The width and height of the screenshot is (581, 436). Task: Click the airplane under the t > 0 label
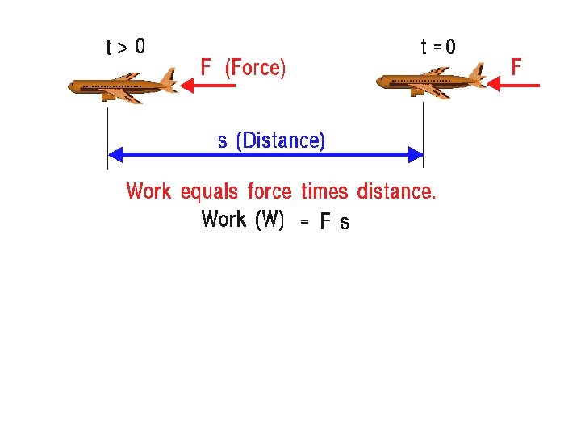coord(122,85)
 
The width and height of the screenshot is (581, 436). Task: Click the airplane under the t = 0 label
coord(432,82)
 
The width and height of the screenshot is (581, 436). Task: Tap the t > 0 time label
coord(126,48)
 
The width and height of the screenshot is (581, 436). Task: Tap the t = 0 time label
coord(438,48)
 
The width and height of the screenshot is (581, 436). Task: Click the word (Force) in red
coord(255,68)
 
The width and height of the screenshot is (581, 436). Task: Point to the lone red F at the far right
coord(516,66)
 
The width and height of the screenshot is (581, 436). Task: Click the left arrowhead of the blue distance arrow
coord(114,154)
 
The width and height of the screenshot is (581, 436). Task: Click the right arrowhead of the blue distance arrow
coord(416,154)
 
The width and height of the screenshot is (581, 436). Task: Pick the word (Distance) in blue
coord(280,141)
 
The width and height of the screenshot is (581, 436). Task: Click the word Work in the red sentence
coord(148,192)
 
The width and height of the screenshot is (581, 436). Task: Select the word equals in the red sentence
coord(209,192)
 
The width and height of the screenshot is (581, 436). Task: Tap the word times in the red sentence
coord(324,192)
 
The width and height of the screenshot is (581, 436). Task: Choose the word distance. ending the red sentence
coord(395,192)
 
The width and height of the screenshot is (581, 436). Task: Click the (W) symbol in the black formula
coord(269,220)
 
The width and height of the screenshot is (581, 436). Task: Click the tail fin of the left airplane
coord(169,78)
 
